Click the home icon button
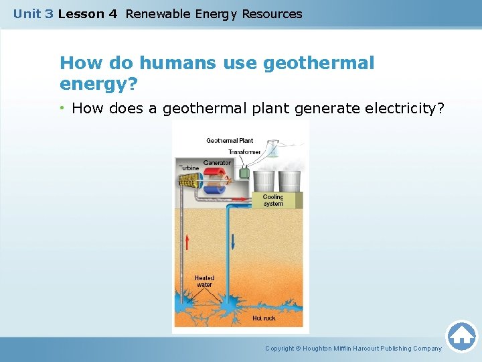click(x=461, y=336)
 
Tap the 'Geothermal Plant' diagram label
click(x=230, y=141)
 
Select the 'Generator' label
click(x=217, y=163)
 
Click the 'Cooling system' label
click(x=273, y=200)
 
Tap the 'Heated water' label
click(x=204, y=281)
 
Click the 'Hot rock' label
click(x=264, y=318)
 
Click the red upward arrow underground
click(x=187, y=241)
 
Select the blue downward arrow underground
click(x=234, y=241)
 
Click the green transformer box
click(x=244, y=173)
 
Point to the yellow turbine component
click(x=188, y=180)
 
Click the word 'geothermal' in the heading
click(x=319, y=63)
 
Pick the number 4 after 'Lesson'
click(x=112, y=13)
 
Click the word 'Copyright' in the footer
click(x=280, y=349)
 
